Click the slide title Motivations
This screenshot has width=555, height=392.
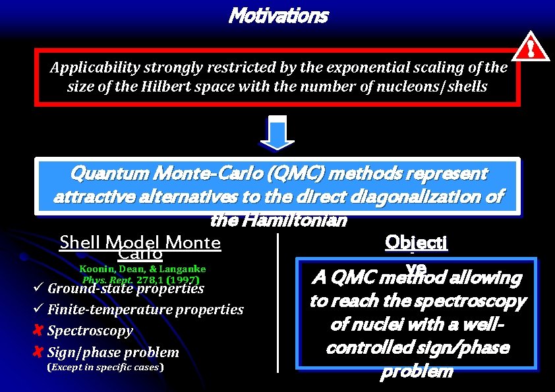pyautogui.click(x=277, y=15)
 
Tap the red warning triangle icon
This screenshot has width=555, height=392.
pyautogui.click(x=532, y=47)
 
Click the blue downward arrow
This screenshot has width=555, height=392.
pyautogui.click(x=278, y=134)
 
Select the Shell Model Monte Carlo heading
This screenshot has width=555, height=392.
pyautogui.click(x=140, y=247)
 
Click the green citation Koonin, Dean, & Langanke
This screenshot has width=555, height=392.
pyautogui.click(x=142, y=269)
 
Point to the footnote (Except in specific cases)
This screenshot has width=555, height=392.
pyautogui.click(x=105, y=368)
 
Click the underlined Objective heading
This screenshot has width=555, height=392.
pyautogui.click(x=416, y=243)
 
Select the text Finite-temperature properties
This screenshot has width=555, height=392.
pyautogui.click(x=146, y=310)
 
